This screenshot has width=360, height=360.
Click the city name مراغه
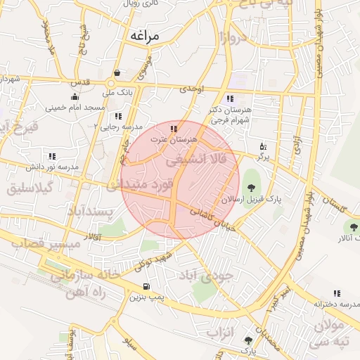pyautogui.click(x=145, y=34)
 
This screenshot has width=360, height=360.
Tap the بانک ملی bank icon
pyautogui.click(x=116, y=72)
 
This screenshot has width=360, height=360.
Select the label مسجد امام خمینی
pyautogui.click(x=75, y=108)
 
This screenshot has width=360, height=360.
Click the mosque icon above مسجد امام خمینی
pyautogui.click(x=75, y=97)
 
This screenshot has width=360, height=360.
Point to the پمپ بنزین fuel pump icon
pyautogui.click(x=146, y=286)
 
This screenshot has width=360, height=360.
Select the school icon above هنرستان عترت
pyautogui.click(x=174, y=129)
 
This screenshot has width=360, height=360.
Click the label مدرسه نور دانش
pyautogui.click(x=51, y=167)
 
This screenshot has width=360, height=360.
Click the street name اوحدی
pyautogui.click(x=191, y=89)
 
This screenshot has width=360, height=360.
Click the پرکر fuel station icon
pyautogui.click(x=263, y=146)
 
